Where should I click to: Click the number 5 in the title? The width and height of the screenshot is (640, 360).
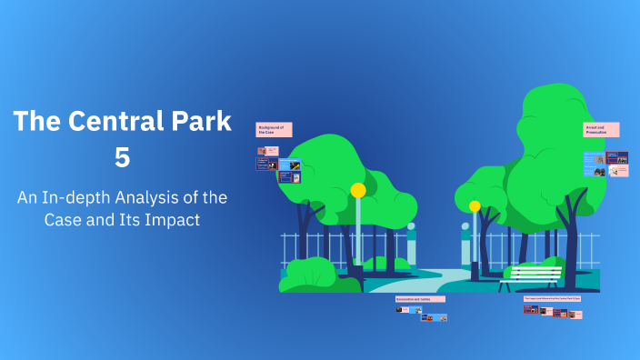[x=122, y=156]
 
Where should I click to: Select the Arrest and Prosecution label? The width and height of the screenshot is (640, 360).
[x=600, y=129]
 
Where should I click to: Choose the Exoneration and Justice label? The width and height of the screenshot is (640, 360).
[x=420, y=298]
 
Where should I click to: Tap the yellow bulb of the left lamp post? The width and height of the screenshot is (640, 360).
[x=358, y=190]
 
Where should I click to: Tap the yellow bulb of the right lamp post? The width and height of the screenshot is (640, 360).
[x=475, y=206]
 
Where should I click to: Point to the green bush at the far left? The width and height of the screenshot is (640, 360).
[x=307, y=275]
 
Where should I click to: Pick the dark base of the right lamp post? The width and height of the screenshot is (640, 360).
[x=475, y=271]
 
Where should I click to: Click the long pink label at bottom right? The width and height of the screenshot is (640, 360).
[x=553, y=298]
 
